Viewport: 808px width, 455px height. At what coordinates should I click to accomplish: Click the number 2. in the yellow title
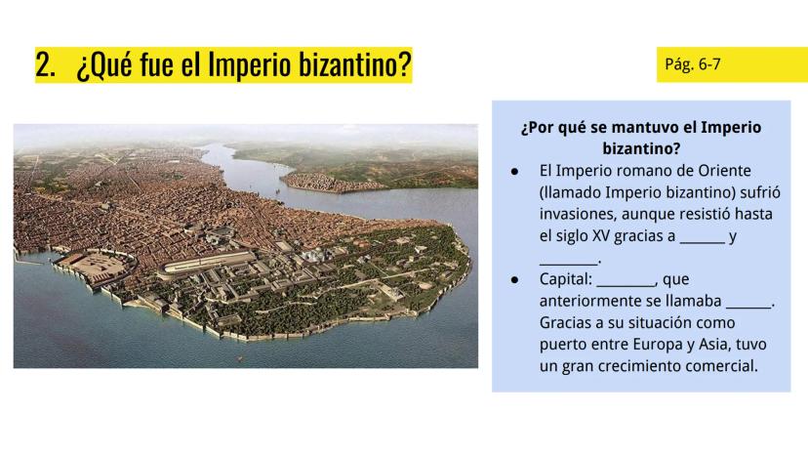pos(45,65)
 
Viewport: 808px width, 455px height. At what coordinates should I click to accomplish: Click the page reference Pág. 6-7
pos(693,64)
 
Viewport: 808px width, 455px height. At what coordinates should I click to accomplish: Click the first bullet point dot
pos(514,171)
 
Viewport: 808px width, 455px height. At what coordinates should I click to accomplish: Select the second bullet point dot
pos(514,279)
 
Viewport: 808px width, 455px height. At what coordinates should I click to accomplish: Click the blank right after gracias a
pos(703,241)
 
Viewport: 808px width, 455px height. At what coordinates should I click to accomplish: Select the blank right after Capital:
pos(626,285)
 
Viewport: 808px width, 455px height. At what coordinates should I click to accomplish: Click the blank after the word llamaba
pos(748,307)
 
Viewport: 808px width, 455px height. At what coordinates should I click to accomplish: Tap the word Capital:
pos(566,279)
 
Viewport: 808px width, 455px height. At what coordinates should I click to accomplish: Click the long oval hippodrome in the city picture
pos(209,263)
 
